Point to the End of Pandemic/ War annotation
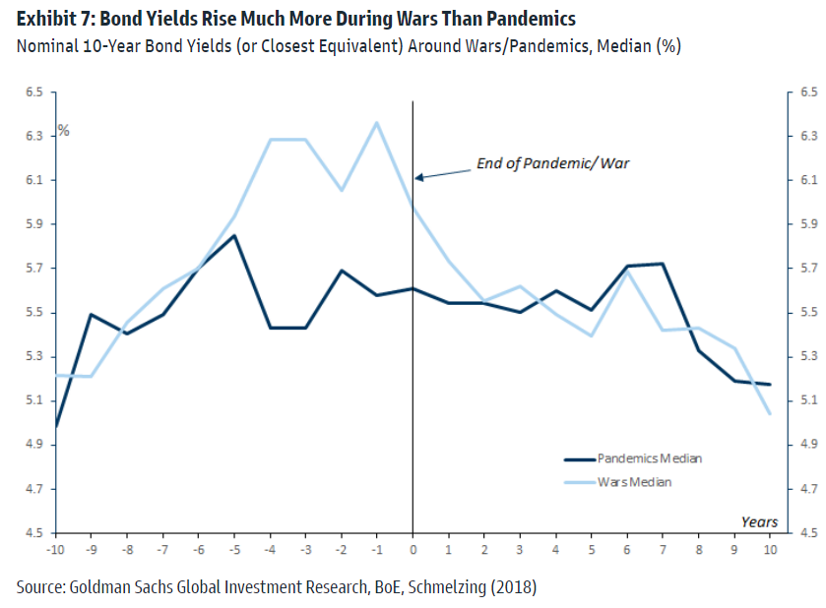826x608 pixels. pyautogui.click(x=552, y=163)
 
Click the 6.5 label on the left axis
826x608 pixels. pyautogui.click(x=34, y=91)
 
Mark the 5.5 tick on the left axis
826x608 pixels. pyautogui.click(x=34, y=313)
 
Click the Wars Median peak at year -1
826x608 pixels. pyautogui.click(x=376, y=123)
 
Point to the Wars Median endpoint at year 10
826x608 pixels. pyautogui.click(x=769, y=413)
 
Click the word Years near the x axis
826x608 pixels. pyautogui.click(x=758, y=521)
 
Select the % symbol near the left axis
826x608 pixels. pyautogui.click(x=63, y=130)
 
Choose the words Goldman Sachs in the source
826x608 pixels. pyautogui.click(x=111, y=587)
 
